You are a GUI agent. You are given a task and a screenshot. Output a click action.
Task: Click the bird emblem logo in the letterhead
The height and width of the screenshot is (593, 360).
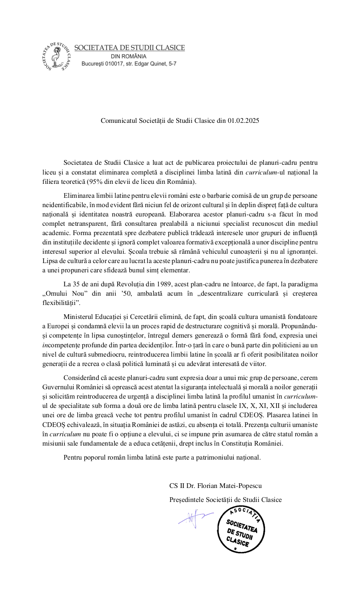(57, 56)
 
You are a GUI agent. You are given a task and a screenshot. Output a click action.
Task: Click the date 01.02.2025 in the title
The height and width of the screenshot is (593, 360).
(243, 120)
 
